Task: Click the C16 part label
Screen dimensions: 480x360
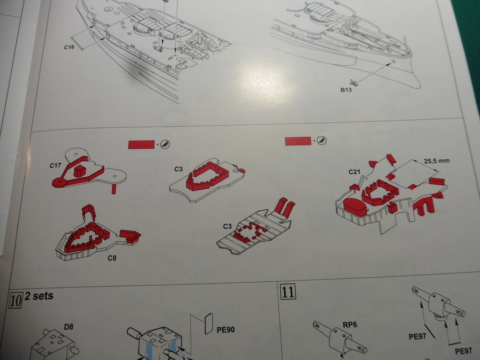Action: coord(69,47)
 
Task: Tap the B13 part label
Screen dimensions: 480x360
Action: coord(346,90)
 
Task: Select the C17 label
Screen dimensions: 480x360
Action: coord(55,166)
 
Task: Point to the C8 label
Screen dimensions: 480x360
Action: coord(112,258)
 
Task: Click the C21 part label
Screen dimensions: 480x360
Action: coord(355,172)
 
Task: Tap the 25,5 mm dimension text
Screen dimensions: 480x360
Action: coord(436,161)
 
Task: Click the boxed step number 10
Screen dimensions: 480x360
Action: coord(16,300)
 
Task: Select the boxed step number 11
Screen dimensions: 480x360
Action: coord(288,291)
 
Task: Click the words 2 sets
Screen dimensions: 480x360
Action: coord(39,296)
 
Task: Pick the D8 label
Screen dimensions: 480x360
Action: coord(69,327)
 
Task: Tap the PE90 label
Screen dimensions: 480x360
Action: coord(226,330)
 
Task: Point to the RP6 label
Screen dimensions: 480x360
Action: coord(350,325)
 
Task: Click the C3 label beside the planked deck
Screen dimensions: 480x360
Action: coord(228,226)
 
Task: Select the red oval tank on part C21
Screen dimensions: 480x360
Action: coord(355,207)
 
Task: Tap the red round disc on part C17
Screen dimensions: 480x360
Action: coord(60,182)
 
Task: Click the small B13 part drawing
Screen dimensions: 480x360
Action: coord(354,82)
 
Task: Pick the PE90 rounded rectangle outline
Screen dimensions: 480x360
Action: coord(208,324)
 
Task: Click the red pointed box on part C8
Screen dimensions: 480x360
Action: coord(130,237)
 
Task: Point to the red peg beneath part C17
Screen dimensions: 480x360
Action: coord(114,189)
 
